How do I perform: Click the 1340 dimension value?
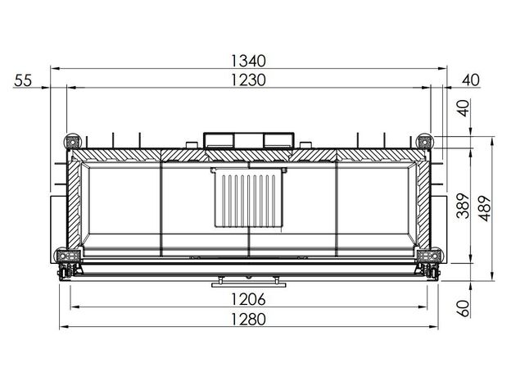pos(248,61)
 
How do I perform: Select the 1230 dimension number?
pos(248,80)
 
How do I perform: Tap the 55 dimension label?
pos(23,80)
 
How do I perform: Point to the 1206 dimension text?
pos(248,299)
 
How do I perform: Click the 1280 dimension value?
pos(248,320)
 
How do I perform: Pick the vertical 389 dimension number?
pos(463,206)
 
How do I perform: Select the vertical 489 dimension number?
pos(484,209)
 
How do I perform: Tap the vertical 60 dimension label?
pos(463,308)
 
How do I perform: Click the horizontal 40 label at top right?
pos(471,80)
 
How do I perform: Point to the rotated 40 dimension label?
pos(464,108)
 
